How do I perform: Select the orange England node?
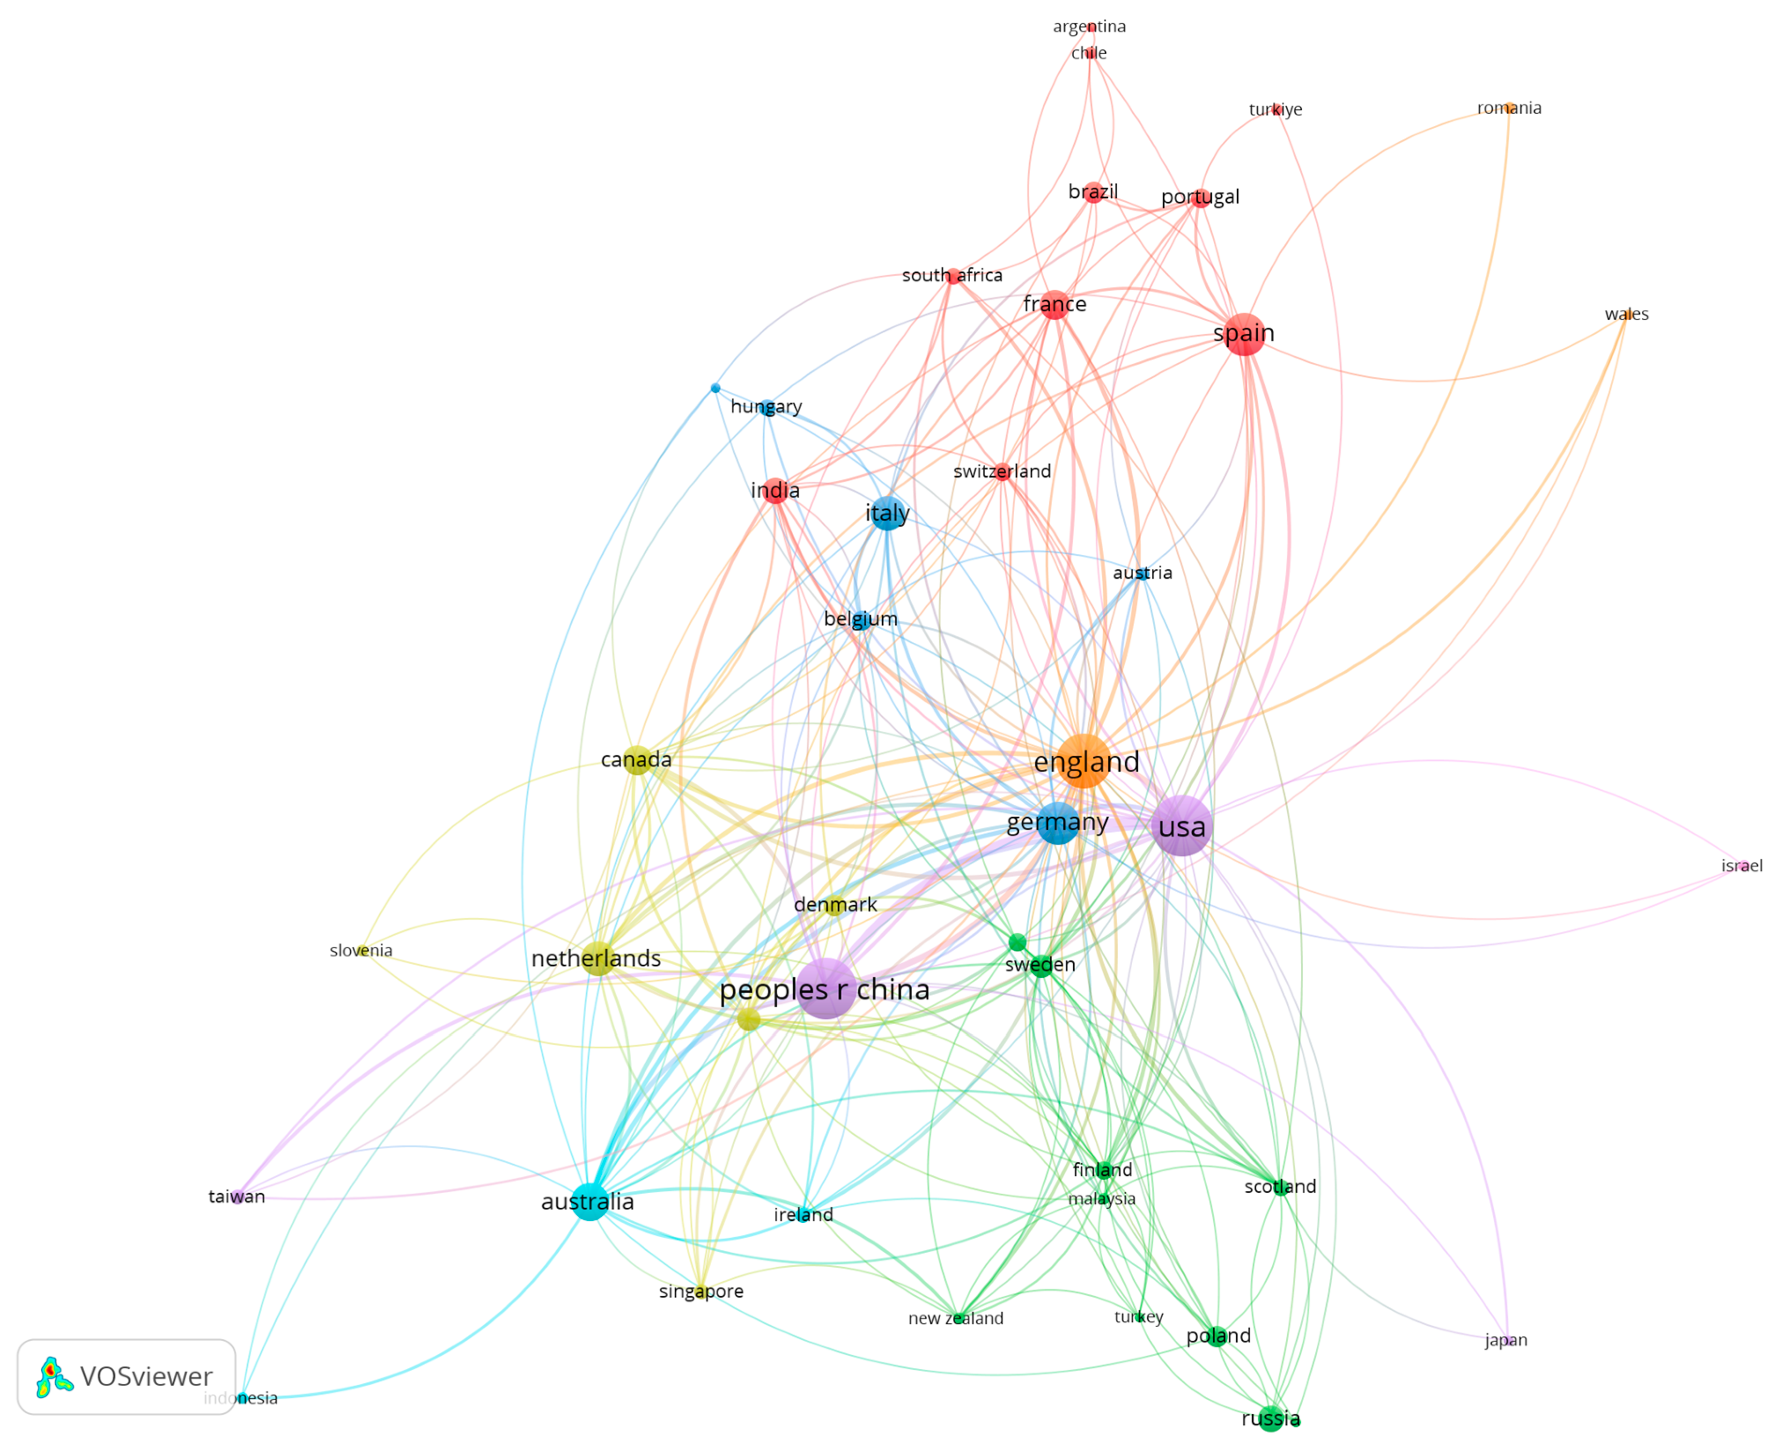(x=1085, y=761)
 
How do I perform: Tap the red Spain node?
(x=1244, y=334)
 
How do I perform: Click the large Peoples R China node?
(x=826, y=989)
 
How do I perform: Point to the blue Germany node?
(x=1057, y=823)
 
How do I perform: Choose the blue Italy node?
(x=887, y=514)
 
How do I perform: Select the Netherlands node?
(x=598, y=959)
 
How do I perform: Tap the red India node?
(x=775, y=491)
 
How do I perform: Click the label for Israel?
(x=1741, y=866)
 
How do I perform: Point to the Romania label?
(x=1509, y=108)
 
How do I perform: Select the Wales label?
(x=1626, y=314)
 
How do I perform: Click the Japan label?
(x=1505, y=1340)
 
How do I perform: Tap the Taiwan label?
(x=237, y=1197)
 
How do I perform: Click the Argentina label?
(x=1089, y=27)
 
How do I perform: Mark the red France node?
(x=1055, y=305)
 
